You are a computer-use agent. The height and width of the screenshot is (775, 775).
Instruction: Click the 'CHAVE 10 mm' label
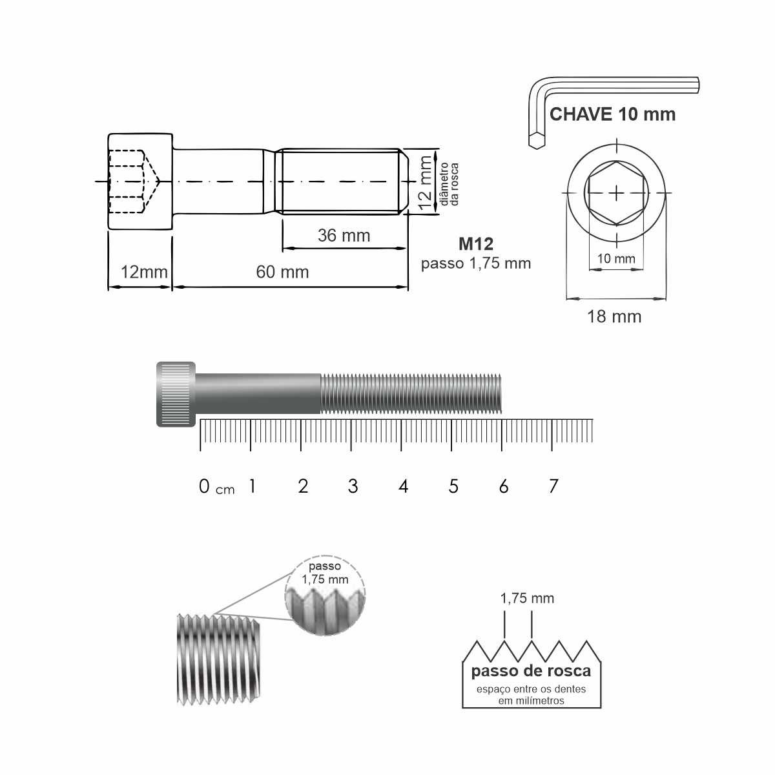pyautogui.click(x=612, y=114)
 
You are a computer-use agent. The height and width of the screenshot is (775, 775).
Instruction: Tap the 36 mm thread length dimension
pyautogui.click(x=344, y=235)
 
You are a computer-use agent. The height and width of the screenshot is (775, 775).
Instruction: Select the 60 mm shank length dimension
pyautogui.click(x=282, y=272)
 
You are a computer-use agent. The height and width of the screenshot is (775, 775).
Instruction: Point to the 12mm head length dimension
pyautogui.click(x=144, y=272)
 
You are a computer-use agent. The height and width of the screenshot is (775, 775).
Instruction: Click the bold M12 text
pyautogui.click(x=476, y=244)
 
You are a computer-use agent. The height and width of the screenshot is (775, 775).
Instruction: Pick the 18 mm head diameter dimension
pyautogui.click(x=614, y=316)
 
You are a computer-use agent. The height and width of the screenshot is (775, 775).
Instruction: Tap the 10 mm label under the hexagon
pyautogui.click(x=615, y=258)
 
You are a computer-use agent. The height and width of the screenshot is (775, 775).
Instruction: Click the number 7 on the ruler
pyautogui.click(x=553, y=486)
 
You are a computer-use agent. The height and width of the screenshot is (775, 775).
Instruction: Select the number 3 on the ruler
pyautogui.click(x=353, y=486)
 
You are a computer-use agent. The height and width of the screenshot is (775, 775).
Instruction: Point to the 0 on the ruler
pyautogui.click(x=204, y=486)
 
